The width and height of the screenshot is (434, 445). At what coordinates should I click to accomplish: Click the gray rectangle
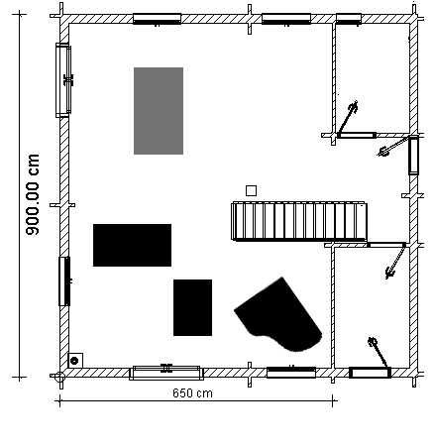point(159,111)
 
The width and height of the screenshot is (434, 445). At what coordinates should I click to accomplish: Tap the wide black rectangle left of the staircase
point(132,245)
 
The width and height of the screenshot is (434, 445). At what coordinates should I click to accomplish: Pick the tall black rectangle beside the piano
point(192,307)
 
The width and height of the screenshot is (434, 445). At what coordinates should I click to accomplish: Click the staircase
point(299,221)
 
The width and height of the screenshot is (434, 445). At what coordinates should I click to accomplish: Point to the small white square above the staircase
point(251,190)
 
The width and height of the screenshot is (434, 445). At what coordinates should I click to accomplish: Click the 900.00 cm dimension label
point(33,194)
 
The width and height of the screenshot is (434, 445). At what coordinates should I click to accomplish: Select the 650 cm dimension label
point(192,393)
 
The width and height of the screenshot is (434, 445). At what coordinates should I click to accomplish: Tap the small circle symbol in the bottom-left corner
point(74,361)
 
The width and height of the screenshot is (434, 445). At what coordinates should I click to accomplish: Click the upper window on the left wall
point(63,80)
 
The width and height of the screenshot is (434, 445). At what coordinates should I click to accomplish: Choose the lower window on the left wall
point(64,281)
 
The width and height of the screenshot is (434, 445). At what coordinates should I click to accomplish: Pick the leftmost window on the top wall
point(157,19)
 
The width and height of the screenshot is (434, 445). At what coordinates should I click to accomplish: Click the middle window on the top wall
point(286,19)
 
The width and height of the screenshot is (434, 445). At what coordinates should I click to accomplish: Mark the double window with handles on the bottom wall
point(166,373)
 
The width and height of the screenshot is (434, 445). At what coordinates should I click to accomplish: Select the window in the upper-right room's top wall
point(349,19)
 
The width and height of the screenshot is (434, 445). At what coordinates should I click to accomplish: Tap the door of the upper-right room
point(357,135)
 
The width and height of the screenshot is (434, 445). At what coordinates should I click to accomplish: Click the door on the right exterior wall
point(413,156)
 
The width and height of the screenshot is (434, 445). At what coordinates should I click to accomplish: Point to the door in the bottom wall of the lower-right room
point(370,373)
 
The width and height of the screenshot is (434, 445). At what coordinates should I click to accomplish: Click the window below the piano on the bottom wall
point(291,373)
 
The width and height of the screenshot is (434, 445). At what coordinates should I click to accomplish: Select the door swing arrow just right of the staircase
point(395,262)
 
